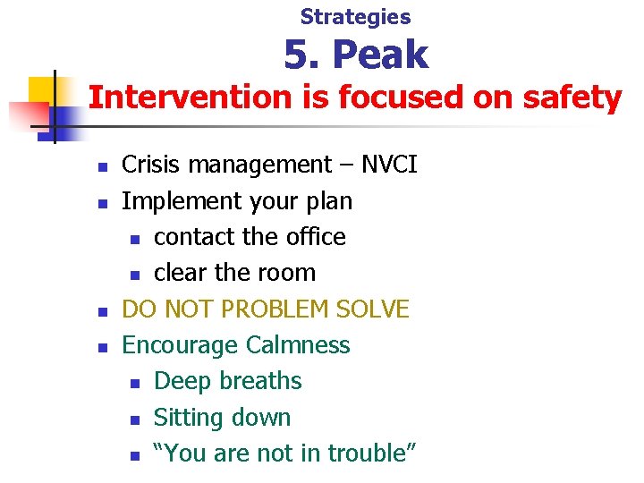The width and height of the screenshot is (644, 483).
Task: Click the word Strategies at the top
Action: [x=355, y=16]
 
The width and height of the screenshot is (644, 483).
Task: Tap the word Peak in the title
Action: [x=380, y=55]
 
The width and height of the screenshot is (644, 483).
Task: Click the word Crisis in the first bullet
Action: [x=151, y=165]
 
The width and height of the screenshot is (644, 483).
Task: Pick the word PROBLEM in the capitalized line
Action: [x=271, y=309]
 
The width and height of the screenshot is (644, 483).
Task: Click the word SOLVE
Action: [x=375, y=309]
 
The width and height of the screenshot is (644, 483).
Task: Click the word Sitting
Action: [x=186, y=418]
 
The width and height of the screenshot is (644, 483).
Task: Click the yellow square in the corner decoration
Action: [x=43, y=92]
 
